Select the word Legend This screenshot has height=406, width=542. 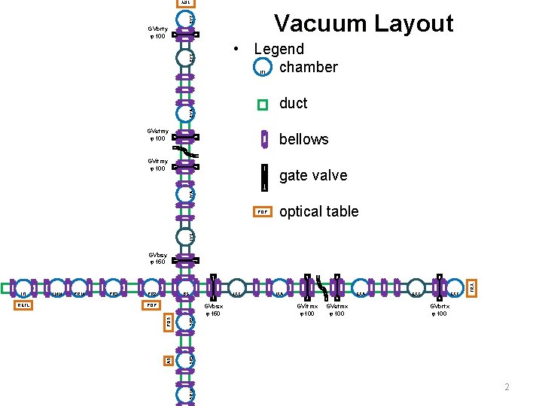(279, 49)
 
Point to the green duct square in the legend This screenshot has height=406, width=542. (262, 105)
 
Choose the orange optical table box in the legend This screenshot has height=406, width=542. (262, 212)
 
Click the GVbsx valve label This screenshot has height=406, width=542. (212, 310)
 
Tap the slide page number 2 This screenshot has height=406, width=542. (507, 386)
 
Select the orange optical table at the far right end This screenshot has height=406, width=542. (472, 287)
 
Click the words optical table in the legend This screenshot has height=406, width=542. (318, 211)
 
